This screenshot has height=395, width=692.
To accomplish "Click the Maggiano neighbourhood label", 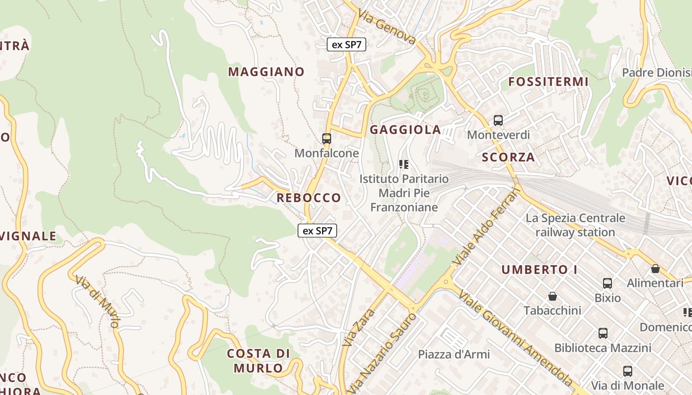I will pos(266,72).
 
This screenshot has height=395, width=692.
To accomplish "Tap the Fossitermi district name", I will pos(549,82).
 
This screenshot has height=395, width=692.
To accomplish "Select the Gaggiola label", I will pos(405,130).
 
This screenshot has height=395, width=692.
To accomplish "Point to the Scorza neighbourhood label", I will pos(508,158).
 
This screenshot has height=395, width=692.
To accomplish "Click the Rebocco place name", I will pos(308,198).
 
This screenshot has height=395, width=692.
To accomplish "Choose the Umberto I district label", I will pos(540,270).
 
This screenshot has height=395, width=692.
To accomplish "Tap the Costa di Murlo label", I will pos(259,360).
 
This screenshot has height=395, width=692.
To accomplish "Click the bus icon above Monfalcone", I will pos(327,139).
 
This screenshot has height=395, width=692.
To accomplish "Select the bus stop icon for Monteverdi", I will pos(498,120).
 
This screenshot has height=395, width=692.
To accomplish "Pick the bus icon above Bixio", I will pos(607,283).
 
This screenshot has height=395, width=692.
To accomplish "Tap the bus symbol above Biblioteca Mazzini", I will pos(603,333).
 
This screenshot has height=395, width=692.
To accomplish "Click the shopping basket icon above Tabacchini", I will pos(553,296).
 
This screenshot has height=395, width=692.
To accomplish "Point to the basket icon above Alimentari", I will pos(655,269).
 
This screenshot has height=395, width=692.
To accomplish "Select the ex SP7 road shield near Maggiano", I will pos(346,44).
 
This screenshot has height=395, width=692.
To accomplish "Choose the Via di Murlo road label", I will pos(98,301).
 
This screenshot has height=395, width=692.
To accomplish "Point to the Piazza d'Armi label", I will pos(454,355).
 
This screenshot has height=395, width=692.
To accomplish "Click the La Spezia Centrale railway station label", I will pos(575,225).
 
